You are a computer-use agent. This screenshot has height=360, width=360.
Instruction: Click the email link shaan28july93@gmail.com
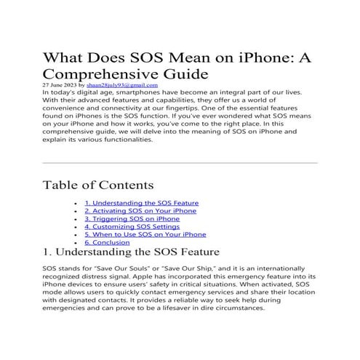pos(134,84)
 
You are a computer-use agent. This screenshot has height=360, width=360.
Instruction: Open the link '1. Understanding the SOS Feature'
pos(141,203)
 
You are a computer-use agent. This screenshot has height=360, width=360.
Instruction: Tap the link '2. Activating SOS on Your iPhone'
pos(140,211)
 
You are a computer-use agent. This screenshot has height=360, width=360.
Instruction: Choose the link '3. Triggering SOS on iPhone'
pos(132,219)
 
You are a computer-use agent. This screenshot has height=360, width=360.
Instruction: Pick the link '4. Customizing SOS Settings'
pos(131,227)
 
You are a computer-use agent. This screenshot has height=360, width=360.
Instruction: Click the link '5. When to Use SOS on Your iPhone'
pos(145,235)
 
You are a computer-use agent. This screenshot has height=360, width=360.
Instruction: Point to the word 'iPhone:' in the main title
pos(272,57)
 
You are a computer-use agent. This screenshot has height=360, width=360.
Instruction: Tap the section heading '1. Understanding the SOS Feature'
pos(131,254)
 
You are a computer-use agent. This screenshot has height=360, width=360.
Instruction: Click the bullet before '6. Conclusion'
pos(77,243)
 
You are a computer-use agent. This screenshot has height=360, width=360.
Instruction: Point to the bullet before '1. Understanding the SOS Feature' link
pos(77,203)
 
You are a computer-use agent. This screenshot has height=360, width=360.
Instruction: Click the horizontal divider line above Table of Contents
pos(180,162)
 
